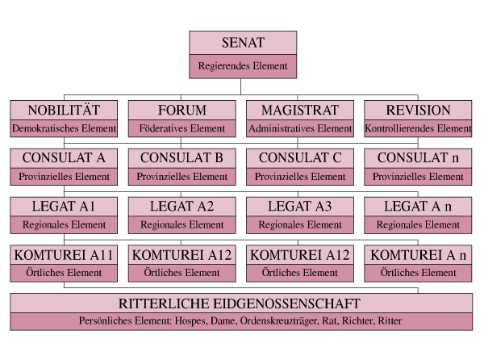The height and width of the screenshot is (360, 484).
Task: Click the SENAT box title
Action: [243, 43]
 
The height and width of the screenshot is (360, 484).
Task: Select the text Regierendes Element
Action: [243, 66]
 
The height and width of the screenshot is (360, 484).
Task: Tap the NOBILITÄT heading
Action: [64, 110]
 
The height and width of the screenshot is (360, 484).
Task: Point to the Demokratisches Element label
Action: [64, 128]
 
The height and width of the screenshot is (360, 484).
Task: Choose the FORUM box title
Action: [182, 111]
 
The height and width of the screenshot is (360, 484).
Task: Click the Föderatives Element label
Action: [181, 128]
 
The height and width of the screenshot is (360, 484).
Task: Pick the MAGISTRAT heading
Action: [300, 111]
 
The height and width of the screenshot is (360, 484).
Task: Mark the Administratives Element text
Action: [300, 128]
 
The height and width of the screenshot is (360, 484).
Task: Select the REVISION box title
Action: [418, 111]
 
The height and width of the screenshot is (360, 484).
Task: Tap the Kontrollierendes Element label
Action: [418, 128]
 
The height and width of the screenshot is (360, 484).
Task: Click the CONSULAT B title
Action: [181, 157]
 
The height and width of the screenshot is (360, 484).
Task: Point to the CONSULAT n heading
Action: [418, 157]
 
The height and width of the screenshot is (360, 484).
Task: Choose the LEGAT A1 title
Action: [64, 207]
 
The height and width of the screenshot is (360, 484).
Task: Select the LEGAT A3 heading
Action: [300, 207]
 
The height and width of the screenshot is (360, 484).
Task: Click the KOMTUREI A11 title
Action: [64, 255]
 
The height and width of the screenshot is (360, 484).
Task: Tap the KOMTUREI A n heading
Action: [418, 255]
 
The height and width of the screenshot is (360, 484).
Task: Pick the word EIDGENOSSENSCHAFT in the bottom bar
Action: [286, 303]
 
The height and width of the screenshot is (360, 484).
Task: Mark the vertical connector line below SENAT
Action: [240, 86]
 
